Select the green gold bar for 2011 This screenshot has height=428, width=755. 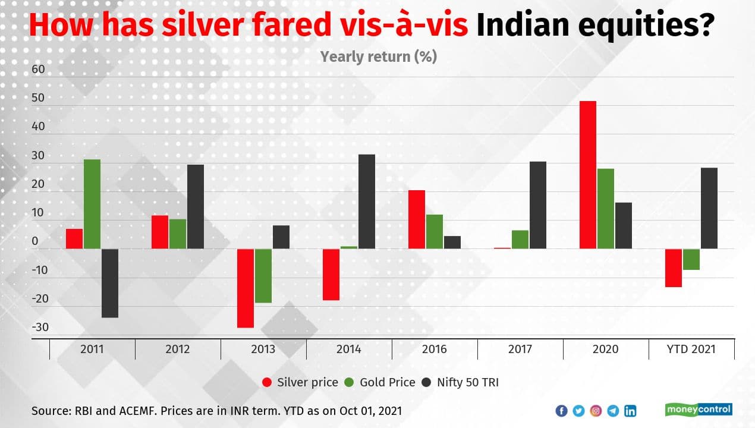[x=92, y=204]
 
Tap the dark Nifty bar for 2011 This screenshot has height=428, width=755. [x=109, y=283]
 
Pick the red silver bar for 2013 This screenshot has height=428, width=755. [x=246, y=288]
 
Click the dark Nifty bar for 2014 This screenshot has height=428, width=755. [x=366, y=202]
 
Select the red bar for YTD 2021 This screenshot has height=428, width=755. [x=673, y=267]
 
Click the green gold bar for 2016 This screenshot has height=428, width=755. [x=434, y=231]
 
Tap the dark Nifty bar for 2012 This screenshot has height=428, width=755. [x=195, y=206]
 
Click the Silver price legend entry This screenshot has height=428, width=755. [x=300, y=382]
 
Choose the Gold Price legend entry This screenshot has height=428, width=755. [x=380, y=382]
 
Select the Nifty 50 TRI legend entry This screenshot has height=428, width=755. [x=460, y=382]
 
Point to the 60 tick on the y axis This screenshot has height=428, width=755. [x=39, y=70]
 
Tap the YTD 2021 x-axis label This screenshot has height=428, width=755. [x=691, y=349]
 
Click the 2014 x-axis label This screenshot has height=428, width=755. [x=348, y=349]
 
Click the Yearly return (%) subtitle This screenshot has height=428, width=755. [x=379, y=56]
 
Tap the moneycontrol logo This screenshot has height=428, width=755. [x=698, y=410]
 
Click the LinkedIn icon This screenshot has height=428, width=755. [x=630, y=411]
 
